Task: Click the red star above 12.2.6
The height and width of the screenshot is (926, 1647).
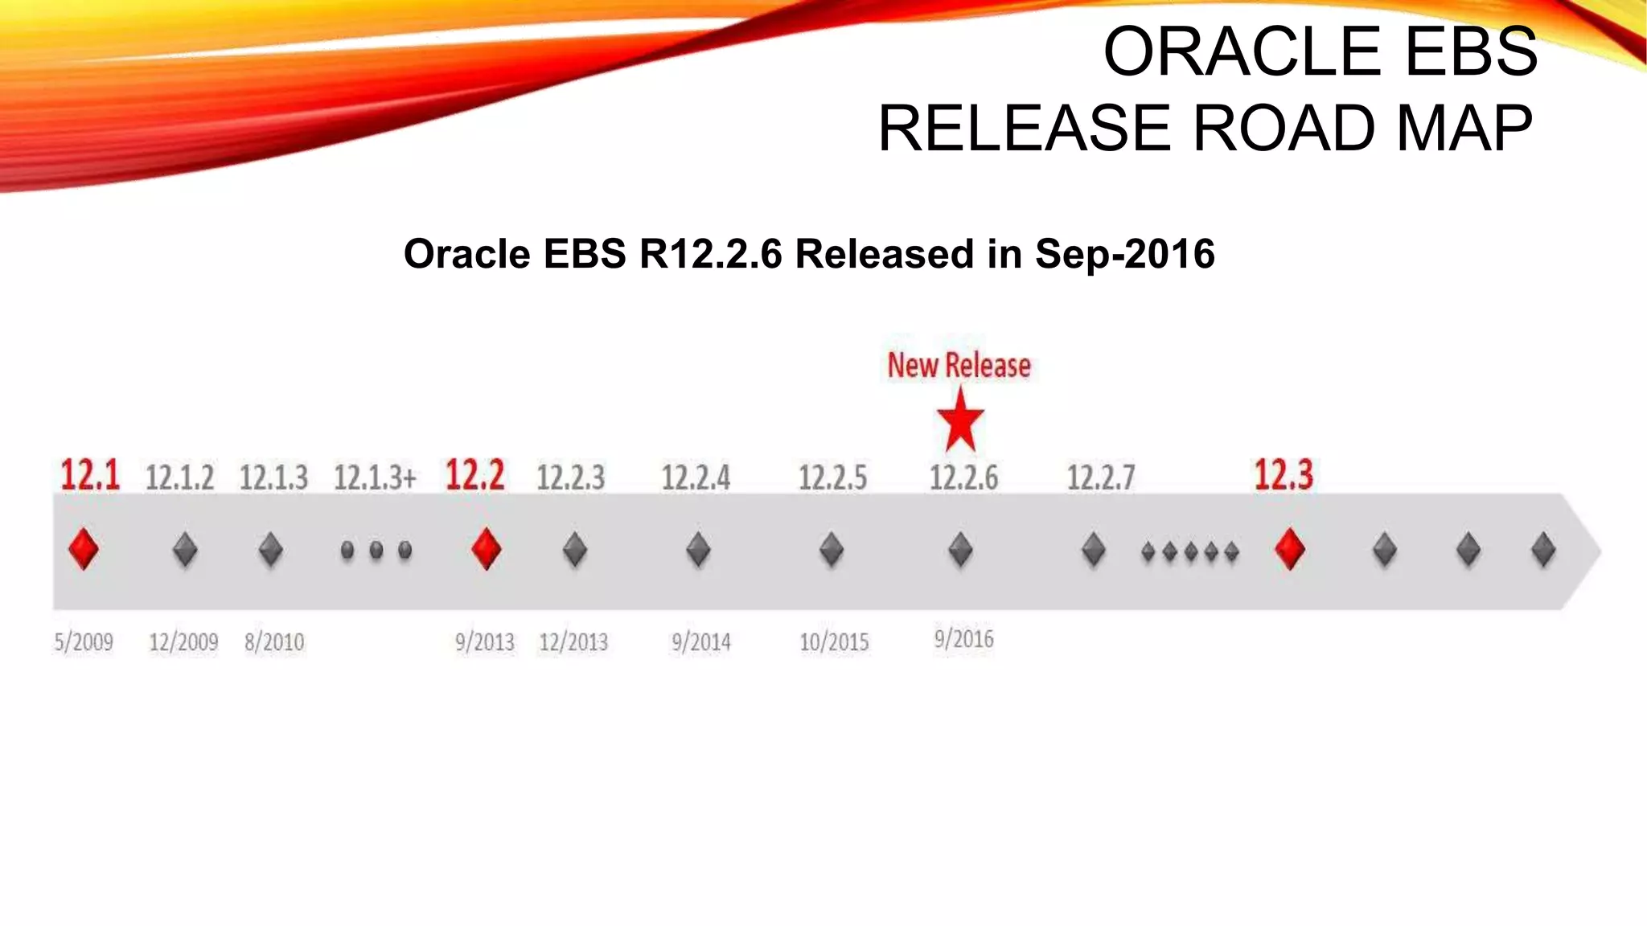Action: point(960,422)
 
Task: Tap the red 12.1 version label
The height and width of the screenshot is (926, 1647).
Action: point(90,474)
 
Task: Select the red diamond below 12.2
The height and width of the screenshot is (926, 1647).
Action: point(486,550)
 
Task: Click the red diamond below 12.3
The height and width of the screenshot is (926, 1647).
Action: point(1290,550)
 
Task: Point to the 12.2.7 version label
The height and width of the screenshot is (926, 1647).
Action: point(1100,477)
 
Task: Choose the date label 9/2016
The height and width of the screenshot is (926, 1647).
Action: point(963,639)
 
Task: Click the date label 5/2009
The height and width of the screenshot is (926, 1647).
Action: point(84,642)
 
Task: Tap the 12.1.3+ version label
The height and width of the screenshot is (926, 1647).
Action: point(375,477)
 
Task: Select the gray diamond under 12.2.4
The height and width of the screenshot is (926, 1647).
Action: point(698,551)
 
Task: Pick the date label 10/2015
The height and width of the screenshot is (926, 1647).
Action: point(834,642)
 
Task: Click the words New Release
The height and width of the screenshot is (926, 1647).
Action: point(959,366)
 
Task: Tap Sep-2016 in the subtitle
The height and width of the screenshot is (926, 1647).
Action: point(1124,254)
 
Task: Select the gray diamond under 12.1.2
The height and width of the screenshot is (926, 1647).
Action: point(185,551)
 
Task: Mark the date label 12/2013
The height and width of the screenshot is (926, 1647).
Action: point(573,642)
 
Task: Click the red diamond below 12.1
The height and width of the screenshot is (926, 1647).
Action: point(84,550)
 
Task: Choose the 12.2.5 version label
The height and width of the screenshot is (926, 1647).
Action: point(832,477)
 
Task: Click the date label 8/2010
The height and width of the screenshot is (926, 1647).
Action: point(274,642)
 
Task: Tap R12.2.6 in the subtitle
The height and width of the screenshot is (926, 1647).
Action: point(710,254)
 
